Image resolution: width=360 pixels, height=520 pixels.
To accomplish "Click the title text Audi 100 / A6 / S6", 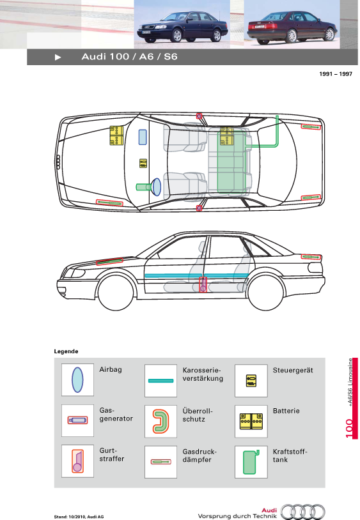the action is [x=129, y=57].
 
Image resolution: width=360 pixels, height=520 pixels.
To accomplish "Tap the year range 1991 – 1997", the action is [x=336, y=74].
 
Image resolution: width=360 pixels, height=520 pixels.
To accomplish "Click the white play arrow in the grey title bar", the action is [x=58, y=57].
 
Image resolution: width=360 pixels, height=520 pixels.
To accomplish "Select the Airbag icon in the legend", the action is [x=77, y=379].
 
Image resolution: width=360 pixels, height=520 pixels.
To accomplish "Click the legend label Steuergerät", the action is [x=293, y=370].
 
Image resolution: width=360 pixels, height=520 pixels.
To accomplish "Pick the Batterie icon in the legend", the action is [x=251, y=421].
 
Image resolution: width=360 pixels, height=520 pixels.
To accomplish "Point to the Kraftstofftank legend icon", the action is [x=251, y=462].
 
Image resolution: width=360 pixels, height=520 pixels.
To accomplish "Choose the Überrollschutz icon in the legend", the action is [x=161, y=421].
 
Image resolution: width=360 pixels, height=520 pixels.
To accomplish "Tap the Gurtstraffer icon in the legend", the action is [x=77, y=461].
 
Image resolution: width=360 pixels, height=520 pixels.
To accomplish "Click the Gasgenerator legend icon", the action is [x=77, y=420].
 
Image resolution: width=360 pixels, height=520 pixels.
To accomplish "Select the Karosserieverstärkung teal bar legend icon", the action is [x=161, y=381].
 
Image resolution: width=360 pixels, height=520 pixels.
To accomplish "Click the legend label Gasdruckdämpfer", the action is [x=200, y=455].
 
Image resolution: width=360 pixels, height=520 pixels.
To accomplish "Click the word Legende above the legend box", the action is [x=66, y=351].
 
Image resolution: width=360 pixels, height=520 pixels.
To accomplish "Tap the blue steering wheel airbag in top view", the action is [x=156, y=187].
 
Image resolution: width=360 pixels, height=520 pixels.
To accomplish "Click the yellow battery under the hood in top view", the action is [x=116, y=135].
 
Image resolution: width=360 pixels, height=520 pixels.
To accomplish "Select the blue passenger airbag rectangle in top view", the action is [x=143, y=137].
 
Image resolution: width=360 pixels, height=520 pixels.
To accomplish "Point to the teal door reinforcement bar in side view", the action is [x=196, y=275].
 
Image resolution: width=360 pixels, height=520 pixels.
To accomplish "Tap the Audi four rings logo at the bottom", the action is [x=302, y=512].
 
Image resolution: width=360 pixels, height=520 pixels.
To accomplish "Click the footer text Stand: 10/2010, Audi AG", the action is [x=79, y=517].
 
